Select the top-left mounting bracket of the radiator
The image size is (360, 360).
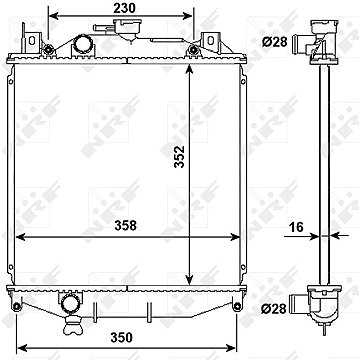click(35, 43)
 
